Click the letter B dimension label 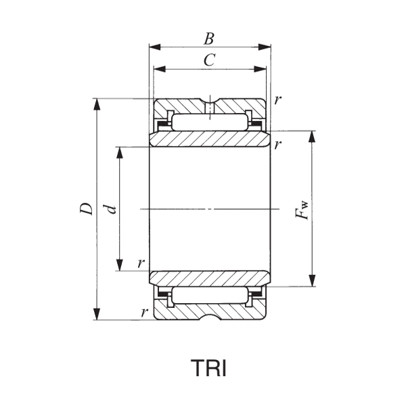(209, 38)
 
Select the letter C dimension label (209, 60)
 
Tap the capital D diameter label (86, 209)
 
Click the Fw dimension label (302, 209)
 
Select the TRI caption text (208, 369)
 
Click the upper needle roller (209, 122)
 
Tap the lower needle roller (209, 295)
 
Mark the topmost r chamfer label (278, 99)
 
